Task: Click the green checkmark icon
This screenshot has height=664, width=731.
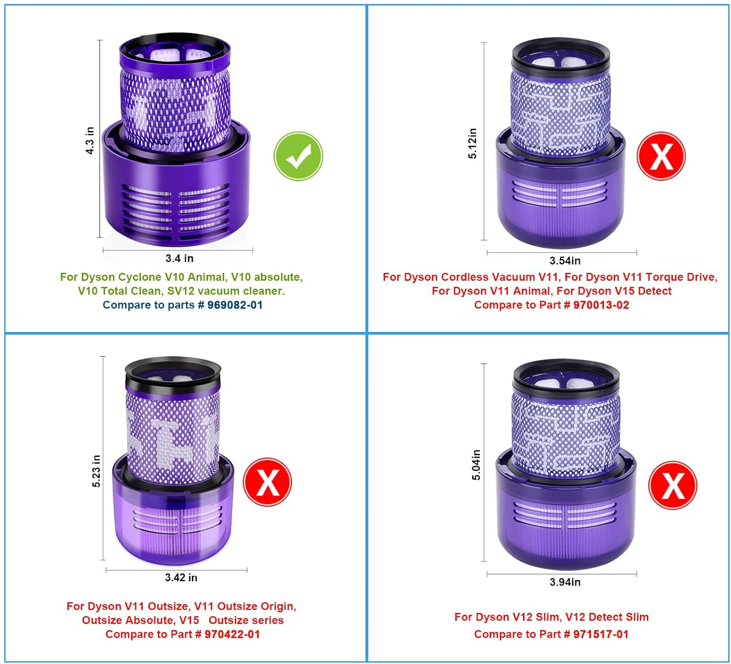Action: [298, 156]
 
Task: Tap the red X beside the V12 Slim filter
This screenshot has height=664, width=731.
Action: [672, 485]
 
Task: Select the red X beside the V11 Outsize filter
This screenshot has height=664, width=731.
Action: [267, 482]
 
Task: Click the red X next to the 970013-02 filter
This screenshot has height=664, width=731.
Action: [661, 156]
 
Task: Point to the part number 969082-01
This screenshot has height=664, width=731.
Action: [234, 305]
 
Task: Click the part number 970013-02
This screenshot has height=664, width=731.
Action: [601, 305]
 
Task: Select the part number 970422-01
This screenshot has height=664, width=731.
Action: [232, 634]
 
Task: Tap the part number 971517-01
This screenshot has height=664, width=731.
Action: [601, 634]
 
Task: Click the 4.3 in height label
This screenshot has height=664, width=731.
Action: [90, 140]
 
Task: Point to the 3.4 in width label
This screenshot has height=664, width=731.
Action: [179, 258]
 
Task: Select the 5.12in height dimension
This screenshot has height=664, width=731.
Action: [472, 143]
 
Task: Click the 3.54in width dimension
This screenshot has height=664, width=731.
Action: [565, 261]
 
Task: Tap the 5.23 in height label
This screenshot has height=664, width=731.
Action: [96, 471]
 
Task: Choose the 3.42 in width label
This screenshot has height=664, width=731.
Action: [181, 577]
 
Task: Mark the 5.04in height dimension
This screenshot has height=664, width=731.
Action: [476, 465]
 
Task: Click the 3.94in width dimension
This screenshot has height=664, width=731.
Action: [565, 582]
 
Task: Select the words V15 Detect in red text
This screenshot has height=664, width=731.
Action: [643, 291]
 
